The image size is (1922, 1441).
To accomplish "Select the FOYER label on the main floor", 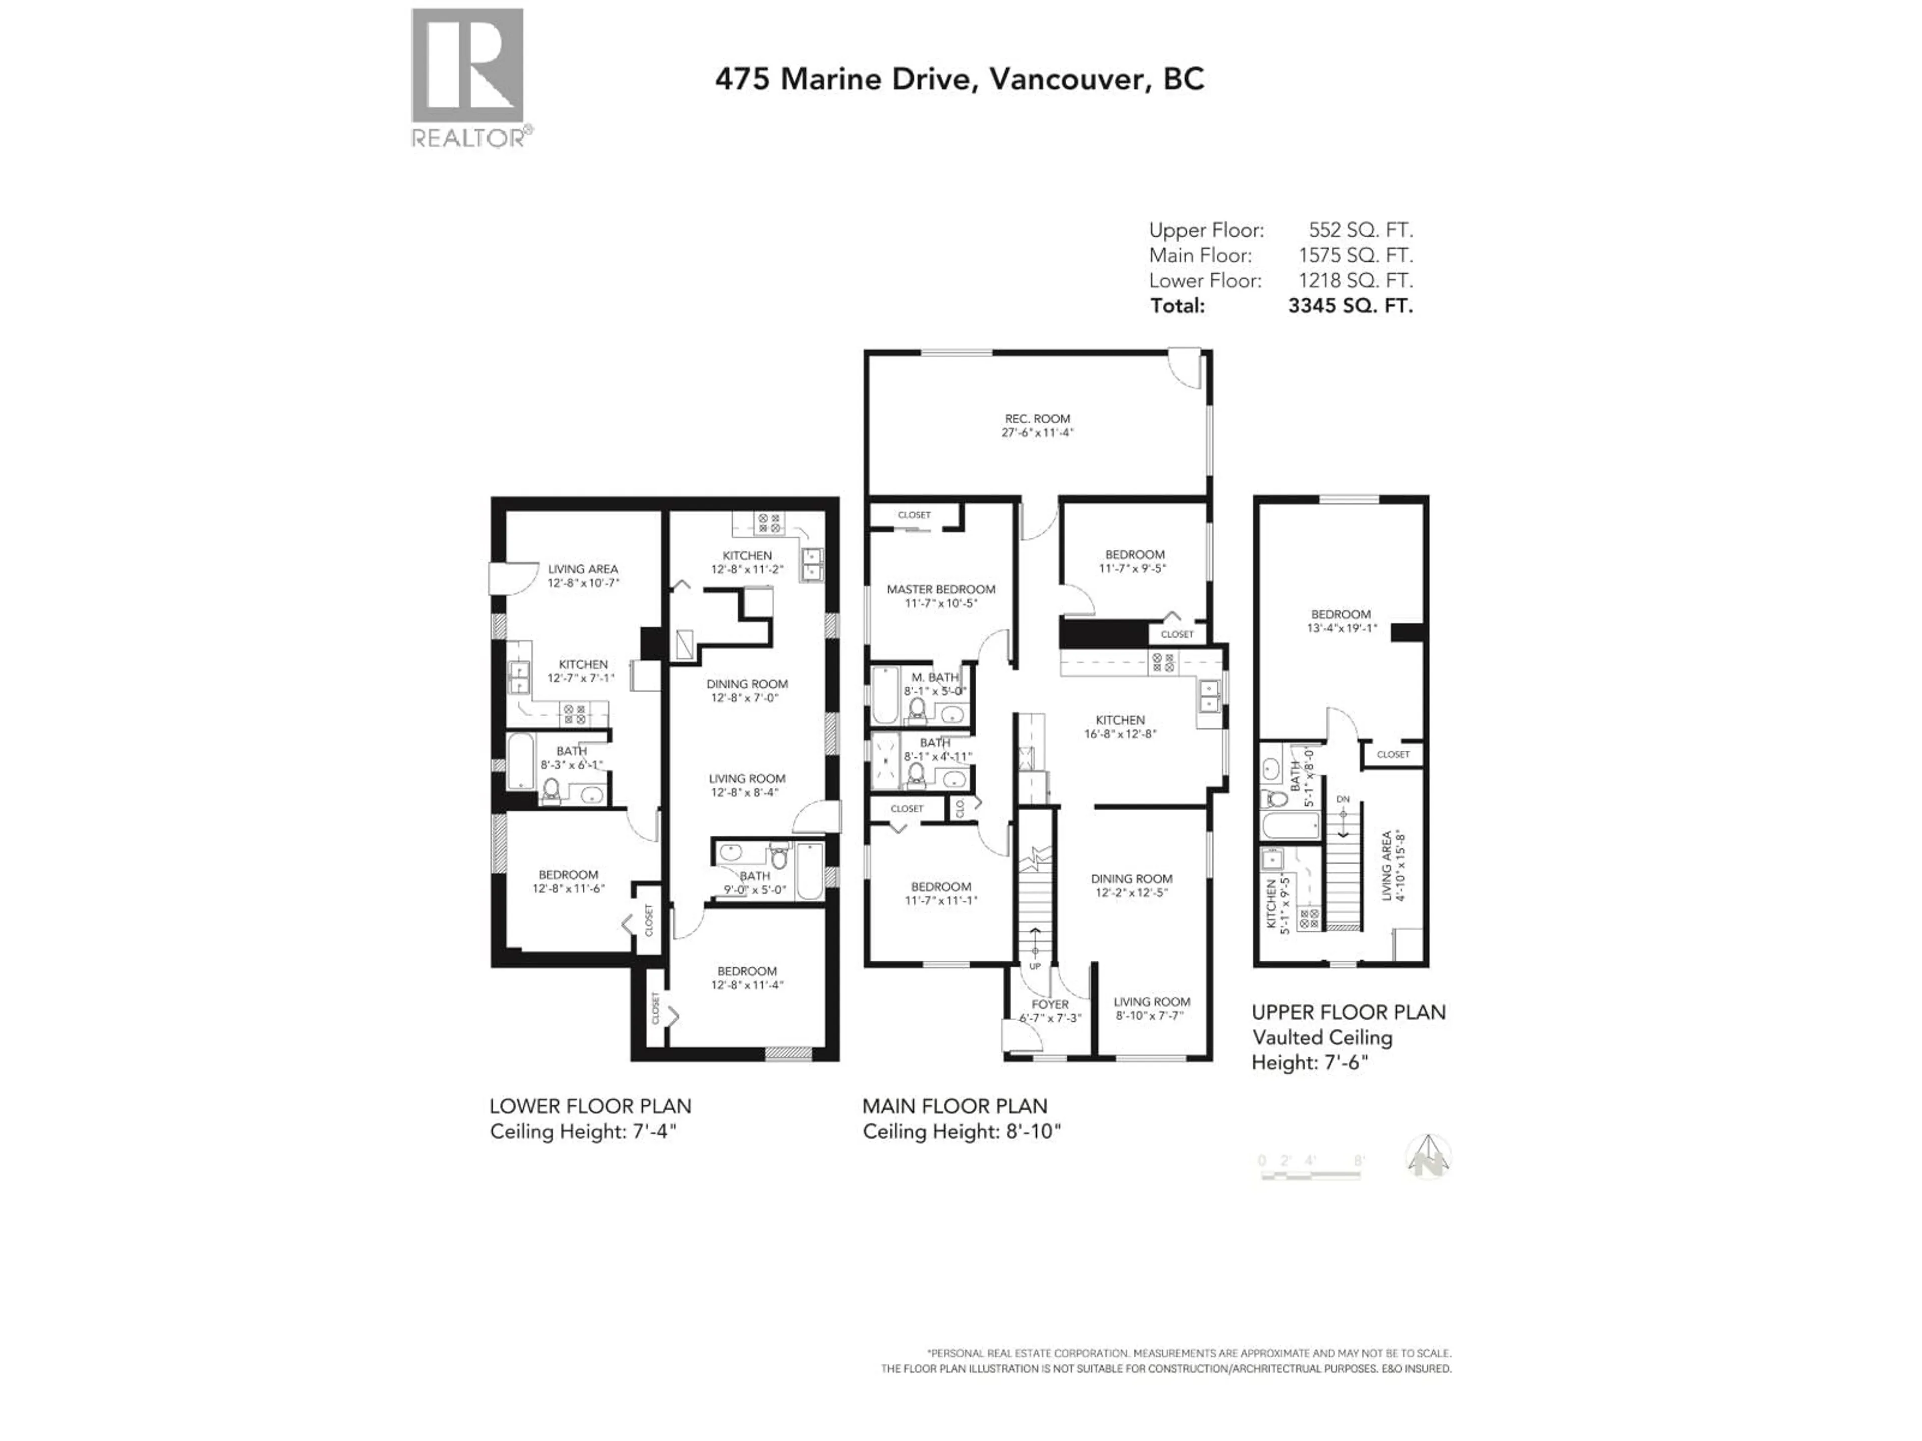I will [1050, 1004].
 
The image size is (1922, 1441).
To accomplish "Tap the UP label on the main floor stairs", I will [1034, 966].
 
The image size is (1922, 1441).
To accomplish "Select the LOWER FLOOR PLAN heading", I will [590, 1107].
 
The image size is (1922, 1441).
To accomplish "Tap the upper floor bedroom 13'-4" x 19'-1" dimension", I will [1341, 629].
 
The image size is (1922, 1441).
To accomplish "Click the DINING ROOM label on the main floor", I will [1131, 878].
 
